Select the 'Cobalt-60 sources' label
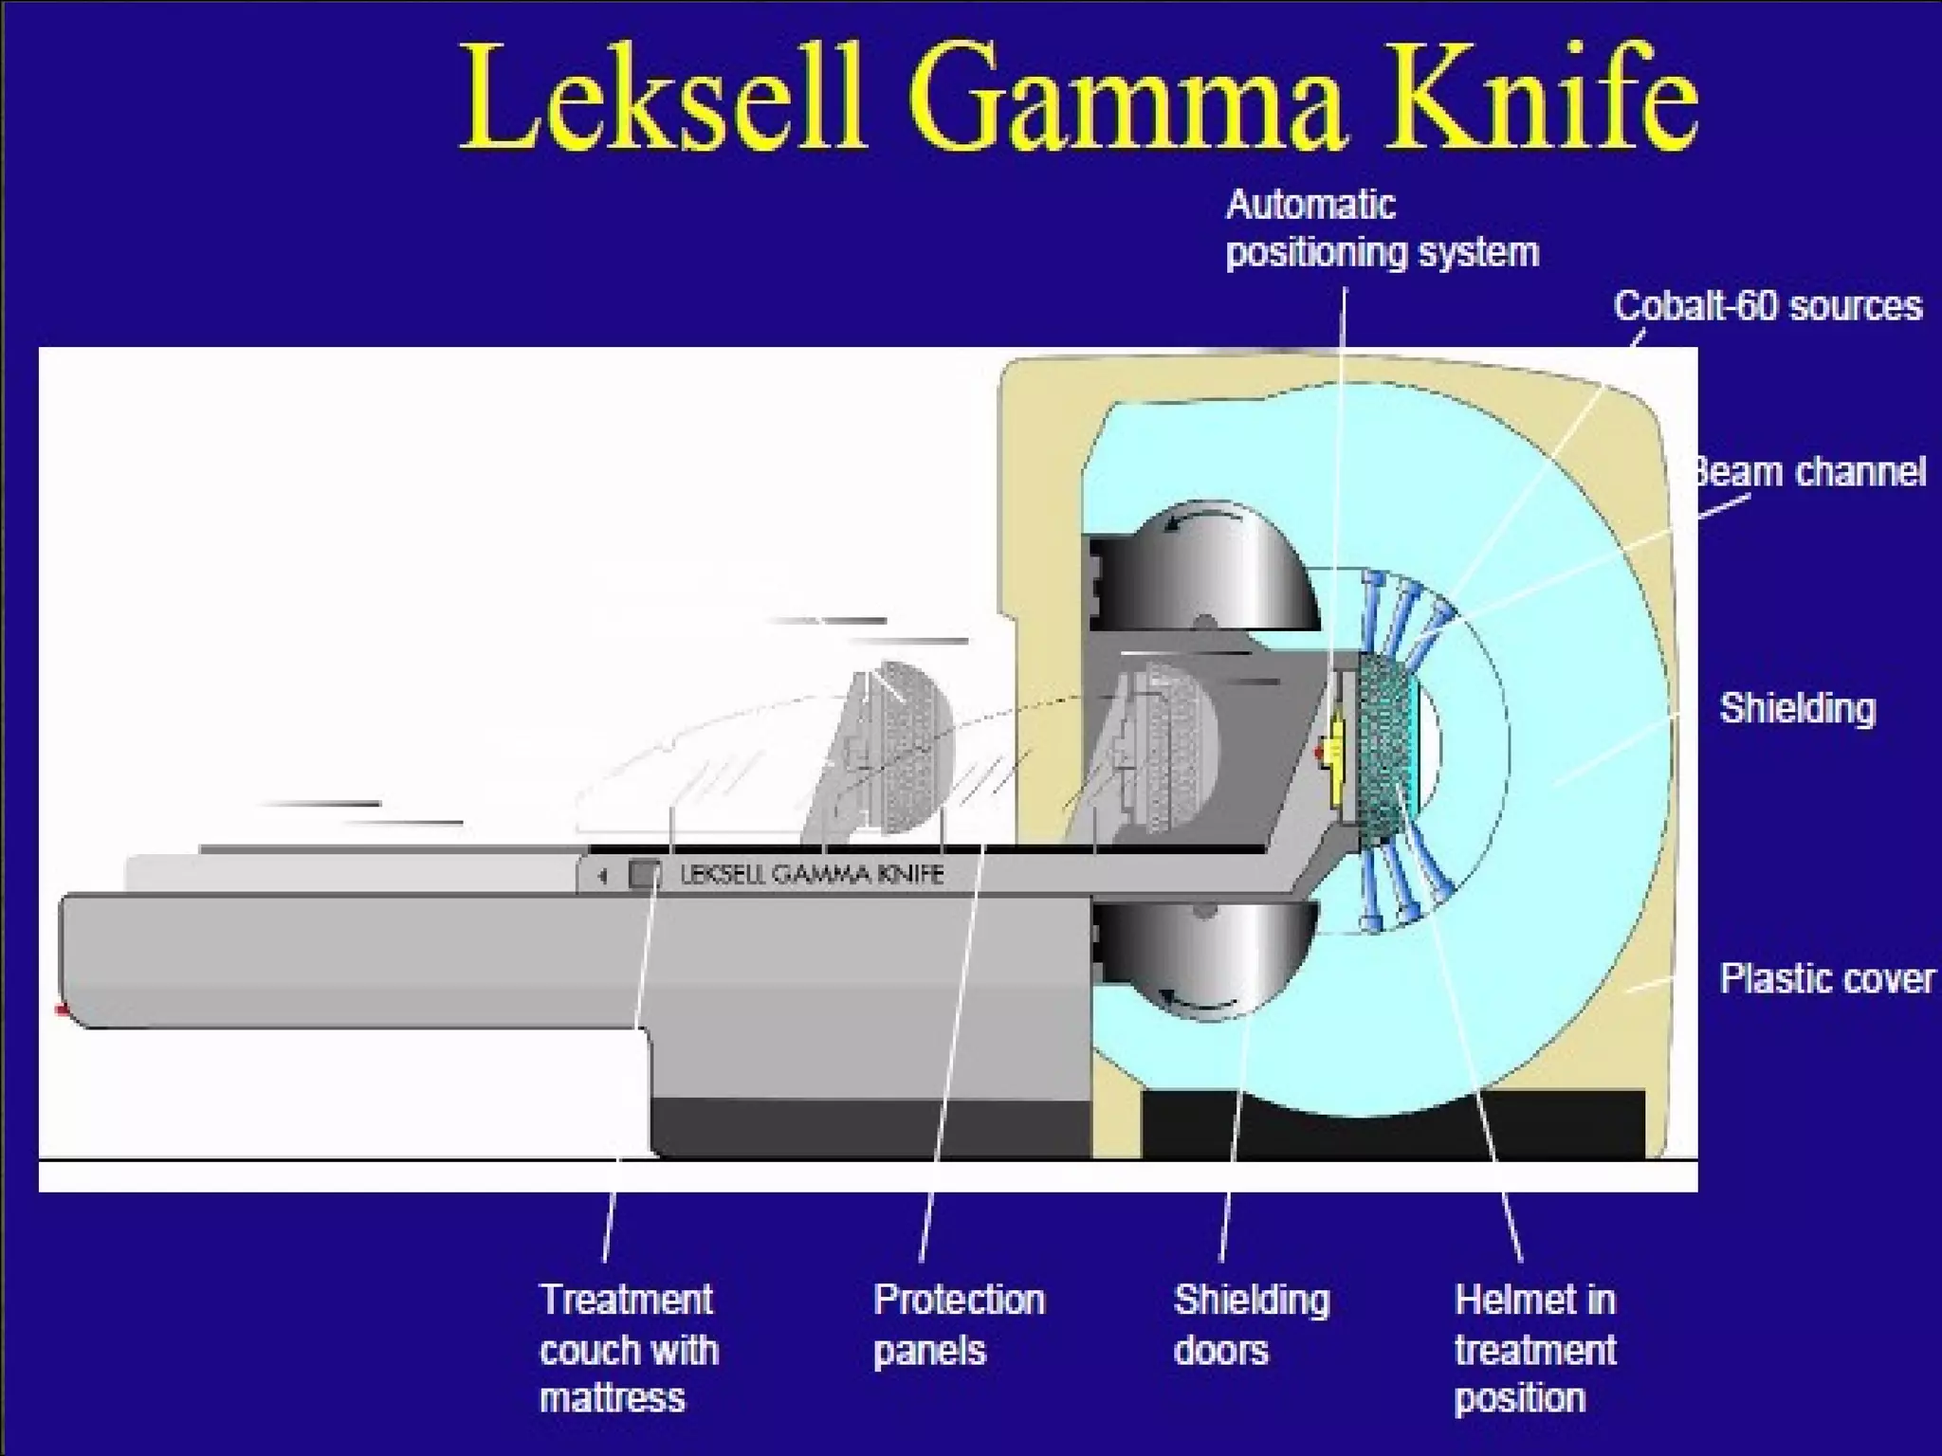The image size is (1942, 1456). click(1768, 306)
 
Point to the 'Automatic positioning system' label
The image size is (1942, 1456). click(1382, 229)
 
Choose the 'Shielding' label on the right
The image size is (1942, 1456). click(1798, 709)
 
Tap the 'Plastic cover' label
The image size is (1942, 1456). click(1826, 978)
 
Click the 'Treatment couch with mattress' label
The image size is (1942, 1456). click(629, 1348)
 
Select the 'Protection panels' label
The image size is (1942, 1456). click(959, 1324)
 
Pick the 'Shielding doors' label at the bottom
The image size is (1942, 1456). click(1252, 1324)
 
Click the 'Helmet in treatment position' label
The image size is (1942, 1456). click(1535, 1348)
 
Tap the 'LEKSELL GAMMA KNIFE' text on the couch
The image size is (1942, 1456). click(812, 874)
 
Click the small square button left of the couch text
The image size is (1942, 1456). click(645, 874)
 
